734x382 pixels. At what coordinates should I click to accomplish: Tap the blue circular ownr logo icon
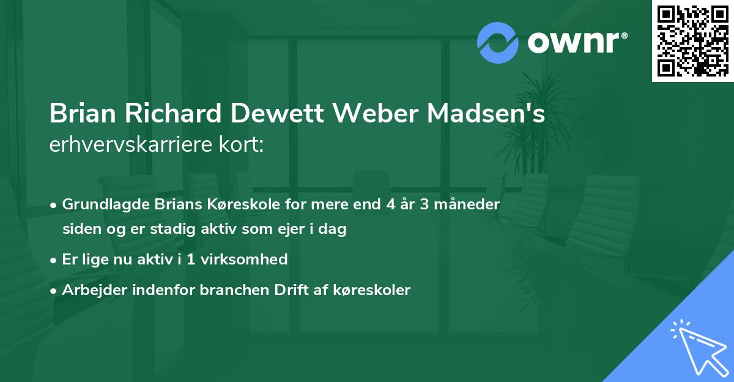(x=498, y=43)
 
